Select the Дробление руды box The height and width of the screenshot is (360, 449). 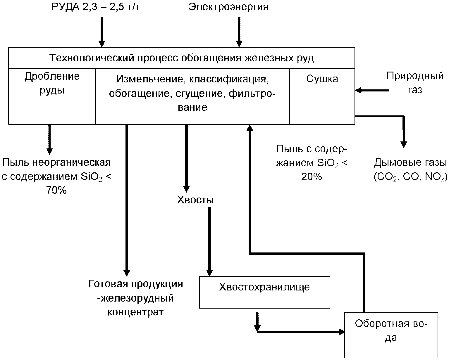(x=52, y=96)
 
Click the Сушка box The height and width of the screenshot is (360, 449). (x=322, y=96)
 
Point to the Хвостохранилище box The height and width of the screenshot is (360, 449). (x=264, y=292)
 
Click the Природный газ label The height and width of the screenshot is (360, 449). (x=415, y=83)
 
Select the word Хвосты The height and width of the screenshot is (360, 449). (x=195, y=200)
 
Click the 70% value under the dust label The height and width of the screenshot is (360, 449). (x=56, y=190)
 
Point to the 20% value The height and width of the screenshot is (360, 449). (x=312, y=177)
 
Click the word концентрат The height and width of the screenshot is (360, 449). (x=135, y=312)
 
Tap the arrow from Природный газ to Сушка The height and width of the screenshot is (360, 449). (x=372, y=91)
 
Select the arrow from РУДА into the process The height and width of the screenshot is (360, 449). (x=102, y=32)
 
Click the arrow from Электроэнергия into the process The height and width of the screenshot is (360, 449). (x=239, y=32)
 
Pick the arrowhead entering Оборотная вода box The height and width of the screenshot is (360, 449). (x=341, y=332)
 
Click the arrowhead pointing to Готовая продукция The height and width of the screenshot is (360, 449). (x=127, y=272)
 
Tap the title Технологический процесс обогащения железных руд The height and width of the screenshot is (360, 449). (x=181, y=58)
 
